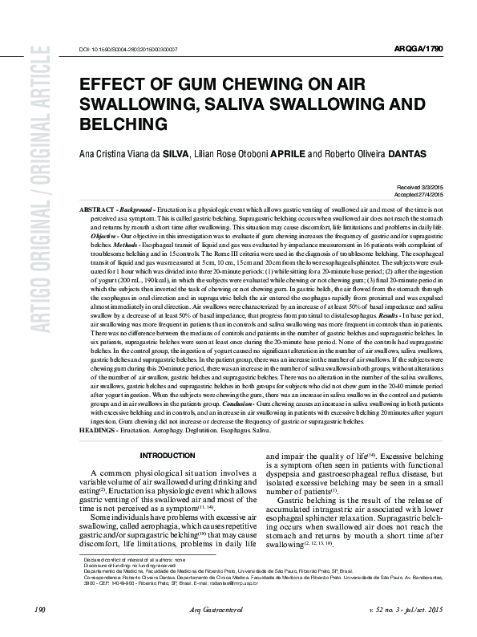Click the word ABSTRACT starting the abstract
(x=95, y=209)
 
